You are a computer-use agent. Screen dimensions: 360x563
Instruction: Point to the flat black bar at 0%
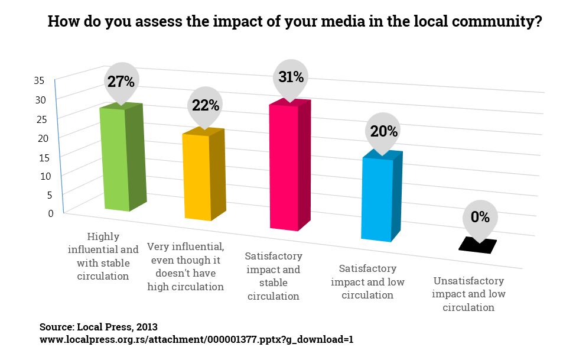(477, 246)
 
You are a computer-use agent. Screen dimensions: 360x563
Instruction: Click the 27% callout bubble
(121, 82)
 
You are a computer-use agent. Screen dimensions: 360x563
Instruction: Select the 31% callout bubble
(290, 77)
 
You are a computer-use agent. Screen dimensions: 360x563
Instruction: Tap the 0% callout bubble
(480, 218)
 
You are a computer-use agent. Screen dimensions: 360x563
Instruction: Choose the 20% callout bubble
(384, 132)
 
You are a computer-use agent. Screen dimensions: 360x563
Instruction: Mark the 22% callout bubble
(205, 106)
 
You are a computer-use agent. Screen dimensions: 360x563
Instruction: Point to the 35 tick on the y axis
(40, 81)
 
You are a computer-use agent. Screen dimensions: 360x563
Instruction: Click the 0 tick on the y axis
(50, 213)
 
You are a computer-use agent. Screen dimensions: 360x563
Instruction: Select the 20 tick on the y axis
(42, 138)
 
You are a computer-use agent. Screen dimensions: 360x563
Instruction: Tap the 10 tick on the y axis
(42, 176)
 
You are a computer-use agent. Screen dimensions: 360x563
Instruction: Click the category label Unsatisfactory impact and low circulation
(468, 294)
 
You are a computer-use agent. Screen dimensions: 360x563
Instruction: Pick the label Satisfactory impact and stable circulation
(274, 276)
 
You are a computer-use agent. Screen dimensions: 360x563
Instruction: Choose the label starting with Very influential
(185, 267)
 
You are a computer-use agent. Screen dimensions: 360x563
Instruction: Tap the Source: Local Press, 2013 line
(99, 326)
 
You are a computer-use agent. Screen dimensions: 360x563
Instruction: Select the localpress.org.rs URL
(196, 340)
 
